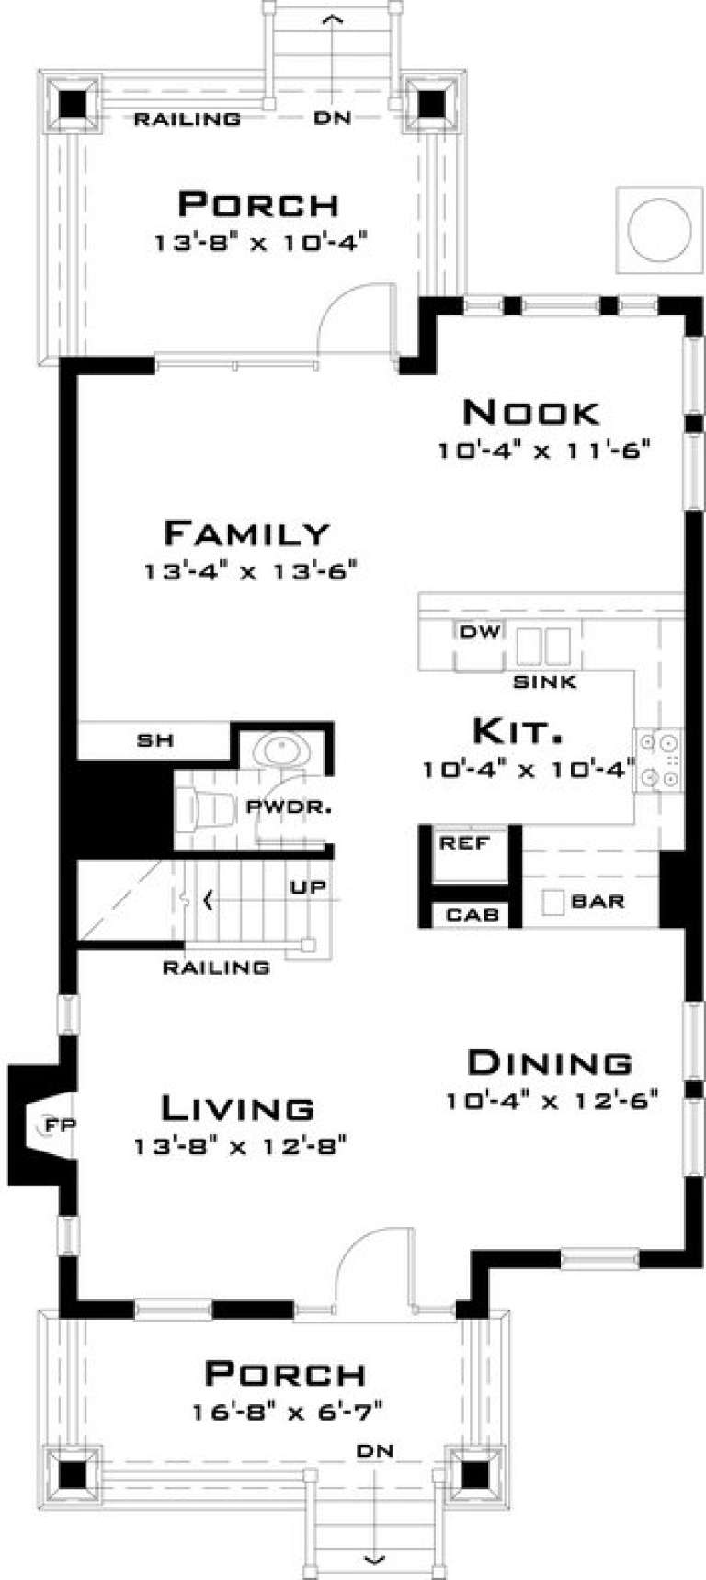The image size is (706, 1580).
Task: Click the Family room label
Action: [245, 532]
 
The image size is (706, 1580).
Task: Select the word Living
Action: [238, 1108]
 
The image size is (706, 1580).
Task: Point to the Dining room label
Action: [550, 1062]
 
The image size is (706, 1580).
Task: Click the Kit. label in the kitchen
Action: [517, 732]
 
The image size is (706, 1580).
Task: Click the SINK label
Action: [544, 681]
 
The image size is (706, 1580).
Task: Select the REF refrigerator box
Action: [465, 843]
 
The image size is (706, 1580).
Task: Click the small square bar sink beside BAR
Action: [552, 902]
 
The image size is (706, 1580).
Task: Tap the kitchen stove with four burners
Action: [658, 760]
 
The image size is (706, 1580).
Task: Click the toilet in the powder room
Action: [210, 809]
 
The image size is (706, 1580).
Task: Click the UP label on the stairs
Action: [307, 888]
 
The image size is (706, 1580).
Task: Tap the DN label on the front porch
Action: [375, 1450]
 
